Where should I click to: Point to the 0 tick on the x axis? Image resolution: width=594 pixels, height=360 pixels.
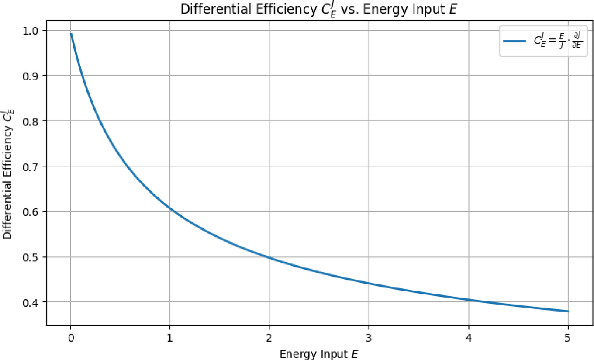[x=70, y=337]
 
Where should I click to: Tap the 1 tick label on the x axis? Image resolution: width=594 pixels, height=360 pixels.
[x=170, y=337]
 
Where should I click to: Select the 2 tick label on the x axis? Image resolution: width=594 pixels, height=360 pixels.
[x=269, y=337]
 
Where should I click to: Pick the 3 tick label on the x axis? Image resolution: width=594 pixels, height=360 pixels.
[x=369, y=337]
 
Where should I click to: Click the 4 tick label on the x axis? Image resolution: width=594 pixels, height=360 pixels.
[x=468, y=337]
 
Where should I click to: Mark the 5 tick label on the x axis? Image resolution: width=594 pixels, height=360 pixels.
[x=568, y=337]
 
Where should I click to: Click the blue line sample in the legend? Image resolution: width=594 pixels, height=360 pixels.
[x=516, y=41]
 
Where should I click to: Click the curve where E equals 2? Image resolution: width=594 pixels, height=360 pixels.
[x=269, y=258]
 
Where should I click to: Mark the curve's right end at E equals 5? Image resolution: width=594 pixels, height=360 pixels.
[x=568, y=311]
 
